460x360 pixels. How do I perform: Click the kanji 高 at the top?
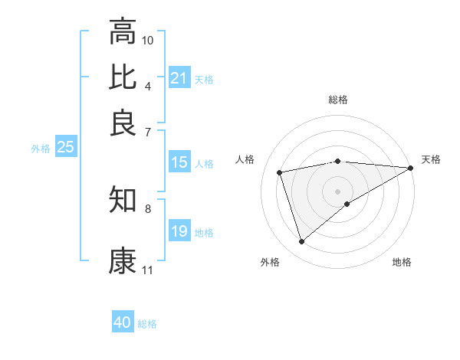(123, 32)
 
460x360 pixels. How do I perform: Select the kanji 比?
(123, 77)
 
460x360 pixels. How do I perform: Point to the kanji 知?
(123, 200)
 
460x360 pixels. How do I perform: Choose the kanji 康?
(123, 261)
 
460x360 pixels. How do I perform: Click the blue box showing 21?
(179, 78)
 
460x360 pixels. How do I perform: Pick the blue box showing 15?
(179, 162)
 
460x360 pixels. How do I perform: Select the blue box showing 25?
(65, 148)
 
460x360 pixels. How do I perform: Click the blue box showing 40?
(123, 322)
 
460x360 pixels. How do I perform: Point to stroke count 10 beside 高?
(148, 39)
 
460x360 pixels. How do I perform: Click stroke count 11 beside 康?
(148, 270)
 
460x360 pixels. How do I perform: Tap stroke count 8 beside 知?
(148, 208)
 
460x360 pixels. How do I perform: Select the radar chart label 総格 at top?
(338, 100)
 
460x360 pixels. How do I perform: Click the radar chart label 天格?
(431, 159)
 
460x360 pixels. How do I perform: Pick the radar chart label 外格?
(270, 262)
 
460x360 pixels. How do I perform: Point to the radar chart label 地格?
(402, 262)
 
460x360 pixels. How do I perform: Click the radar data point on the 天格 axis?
(411, 169)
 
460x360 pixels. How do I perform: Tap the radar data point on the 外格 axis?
(301, 242)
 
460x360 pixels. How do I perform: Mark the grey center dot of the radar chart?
(338, 191)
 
